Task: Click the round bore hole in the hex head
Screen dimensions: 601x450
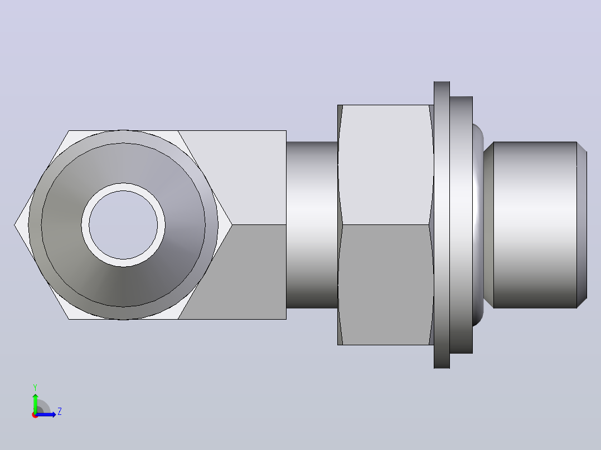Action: coord(123,225)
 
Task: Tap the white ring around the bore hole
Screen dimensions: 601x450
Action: coord(123,187)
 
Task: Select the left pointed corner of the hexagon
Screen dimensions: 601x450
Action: coord(14,225)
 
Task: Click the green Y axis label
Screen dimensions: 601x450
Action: coord(35,387)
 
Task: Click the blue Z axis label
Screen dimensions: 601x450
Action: coord(60,412)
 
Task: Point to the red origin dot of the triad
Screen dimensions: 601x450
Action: coord(35,415)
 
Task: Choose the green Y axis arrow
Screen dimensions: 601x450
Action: coord(35,403)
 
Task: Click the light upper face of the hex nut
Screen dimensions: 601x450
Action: coord(385,165)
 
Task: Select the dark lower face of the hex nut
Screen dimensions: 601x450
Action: coord(385,285)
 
